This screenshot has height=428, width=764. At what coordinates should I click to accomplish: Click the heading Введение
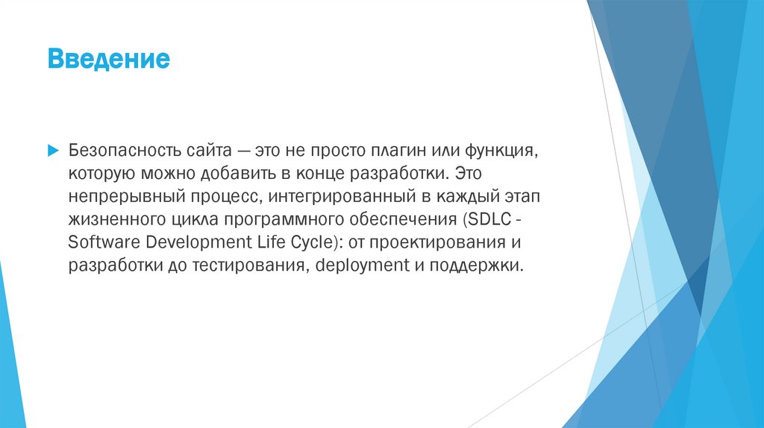pyautogui.click(x=109, y=59)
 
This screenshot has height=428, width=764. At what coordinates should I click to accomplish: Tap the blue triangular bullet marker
pyautogui.click(x=53, y=150)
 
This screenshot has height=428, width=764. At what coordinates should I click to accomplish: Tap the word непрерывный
pyautogui.click(x=114, y=197)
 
